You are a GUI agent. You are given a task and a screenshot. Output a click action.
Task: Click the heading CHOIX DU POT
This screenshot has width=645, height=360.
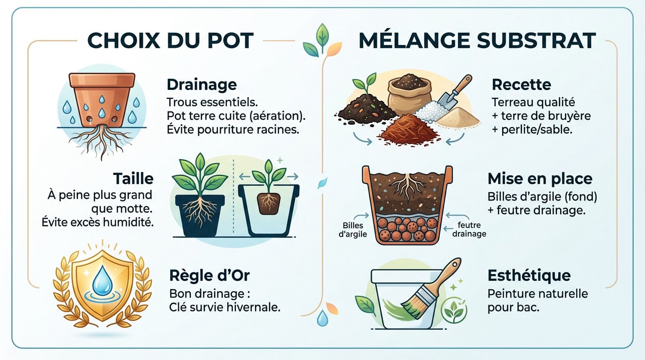click(171, 41)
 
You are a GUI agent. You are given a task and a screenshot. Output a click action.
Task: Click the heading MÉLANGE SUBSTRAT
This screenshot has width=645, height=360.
click(477, 41)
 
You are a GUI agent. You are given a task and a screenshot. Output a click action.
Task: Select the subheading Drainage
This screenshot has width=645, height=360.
click(202, 85)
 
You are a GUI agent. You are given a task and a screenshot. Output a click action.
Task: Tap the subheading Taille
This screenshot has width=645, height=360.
click(133, 179)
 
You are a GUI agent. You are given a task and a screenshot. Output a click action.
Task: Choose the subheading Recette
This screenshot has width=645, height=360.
click(521, 85)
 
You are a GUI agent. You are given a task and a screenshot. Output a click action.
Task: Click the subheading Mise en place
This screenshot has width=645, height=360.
click(540, 179)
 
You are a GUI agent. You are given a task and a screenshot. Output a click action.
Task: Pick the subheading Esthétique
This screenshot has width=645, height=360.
click(529, 276)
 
